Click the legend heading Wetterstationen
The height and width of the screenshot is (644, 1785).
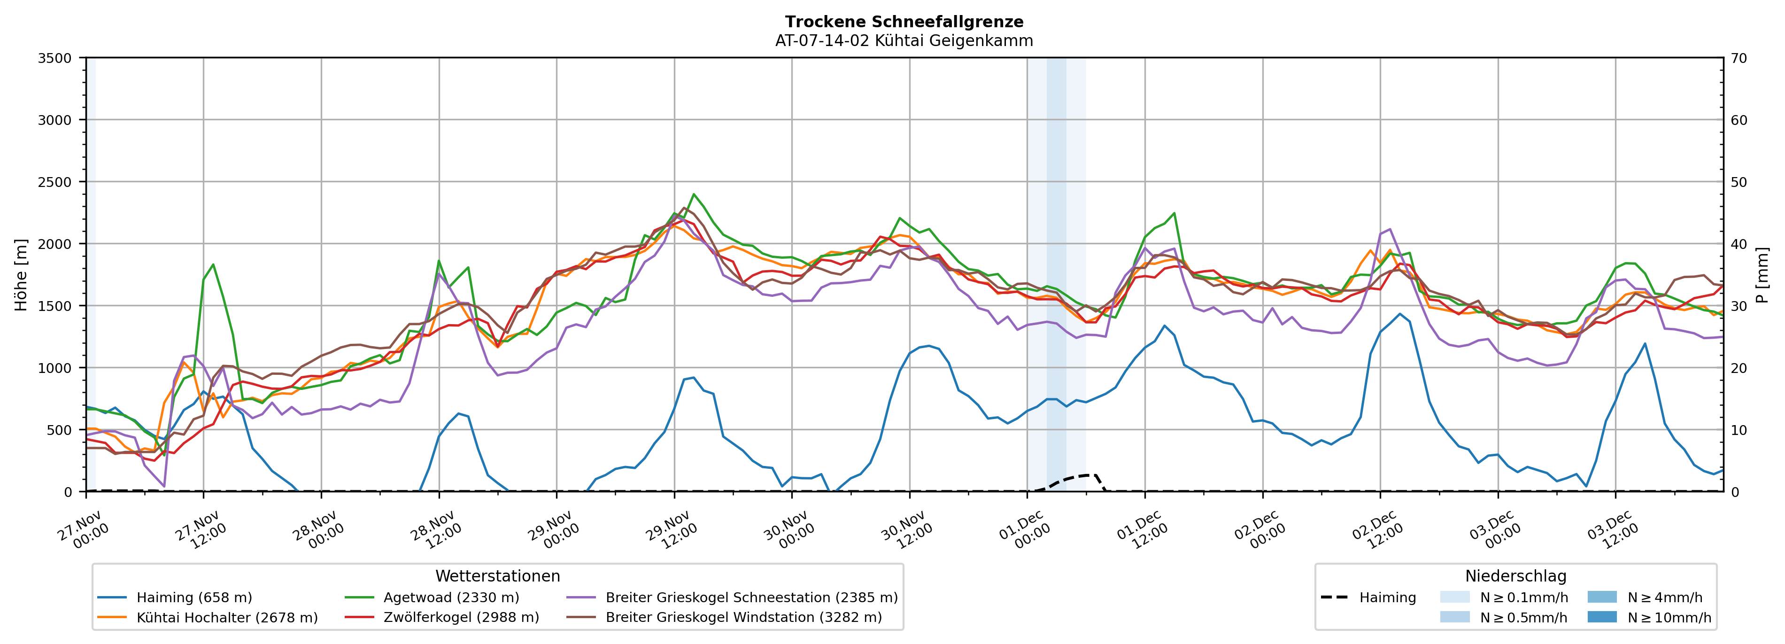497,576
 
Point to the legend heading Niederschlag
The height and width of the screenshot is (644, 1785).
1515,576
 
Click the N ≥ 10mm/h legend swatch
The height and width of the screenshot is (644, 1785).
1601,617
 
